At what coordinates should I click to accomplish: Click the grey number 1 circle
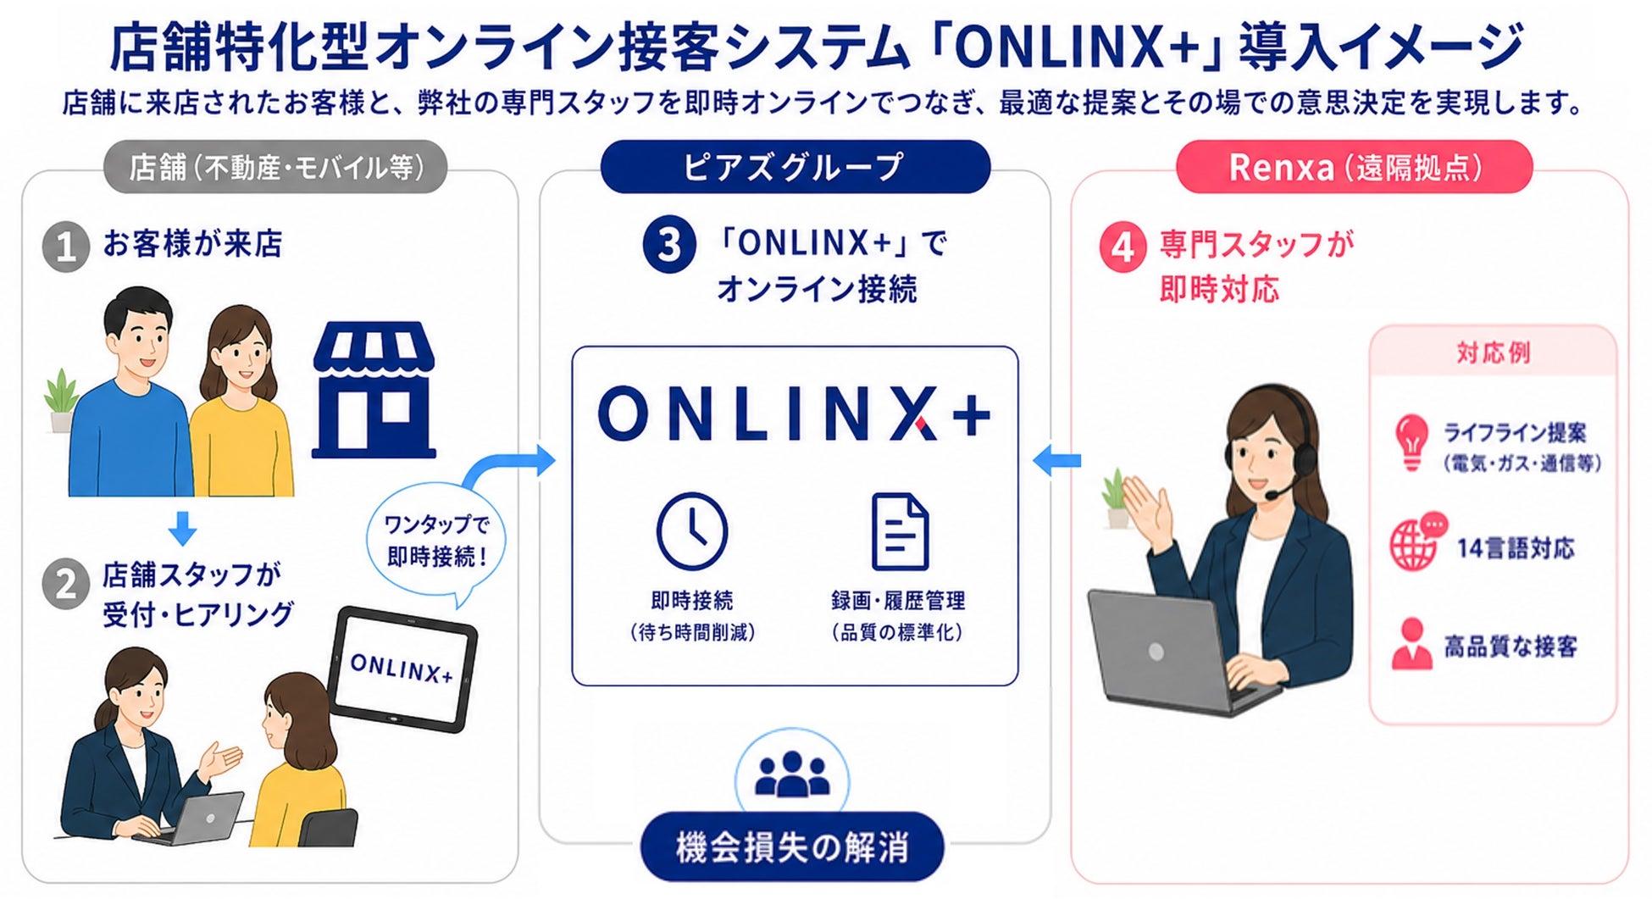pyautogui.click(x=66, y=247)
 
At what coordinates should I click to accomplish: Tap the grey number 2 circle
pyautogui.click(x=66, y=584)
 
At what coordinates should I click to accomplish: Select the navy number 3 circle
pyautogui.click(x=669, y=245)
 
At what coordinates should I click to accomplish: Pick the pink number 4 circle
pyautogui.click(x=1123, y=247)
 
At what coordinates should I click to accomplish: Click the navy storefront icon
pyautogui.click(x=374, y=390)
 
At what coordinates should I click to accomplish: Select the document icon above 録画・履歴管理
pyautogui.click(x=900, y=532)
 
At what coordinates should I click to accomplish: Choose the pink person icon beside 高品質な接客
pyautogui.click(x=1411, y=645)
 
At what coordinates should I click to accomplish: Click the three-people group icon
pyautogui.click(x=792, y=774)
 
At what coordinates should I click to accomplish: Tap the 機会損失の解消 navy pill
pyautogui.click(x=792, y=847)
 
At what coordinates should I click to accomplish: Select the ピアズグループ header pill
pyautogui.click(x=795, y=167)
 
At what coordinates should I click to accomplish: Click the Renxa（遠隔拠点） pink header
pyautogui.click(x=1354, y=167)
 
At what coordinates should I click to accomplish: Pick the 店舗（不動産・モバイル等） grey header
pyautogui.click(x=275, y=167)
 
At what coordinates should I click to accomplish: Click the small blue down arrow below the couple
pyautogui.click(x=182, y=528)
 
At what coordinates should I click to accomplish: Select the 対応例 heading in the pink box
pyautogui.click(x=1493, y=352)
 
